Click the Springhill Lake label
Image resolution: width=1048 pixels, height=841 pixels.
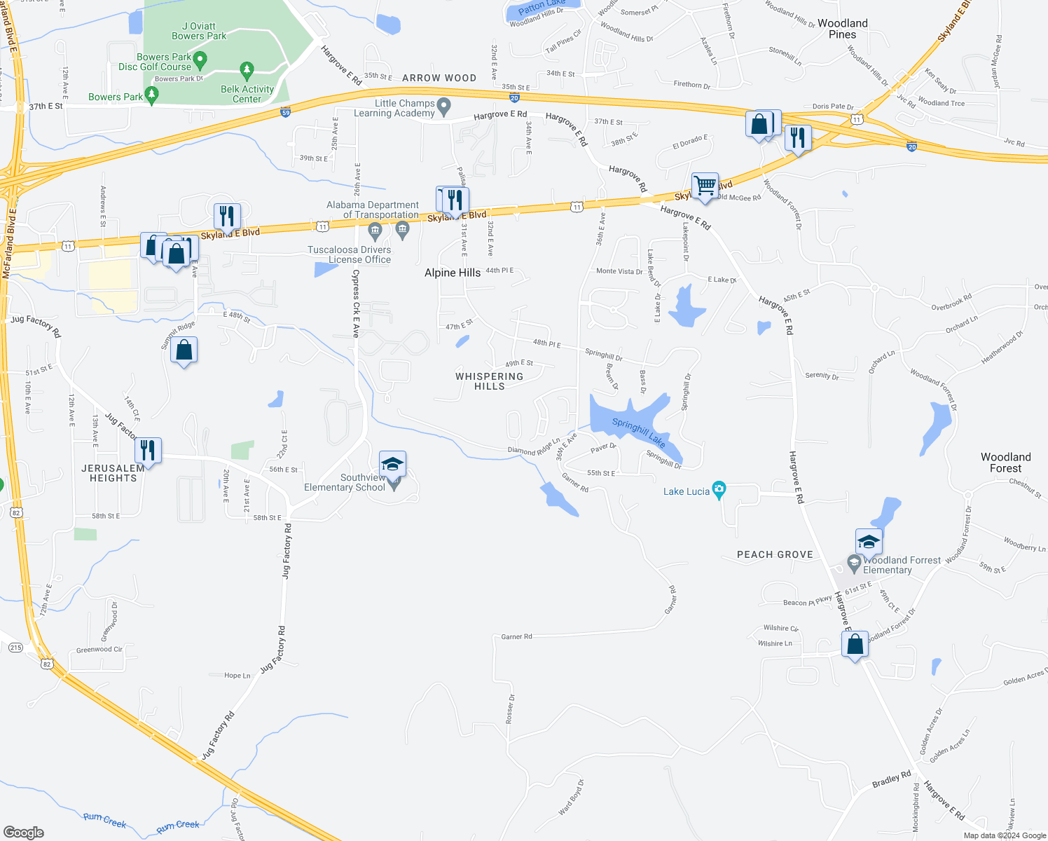(x=638, y=432)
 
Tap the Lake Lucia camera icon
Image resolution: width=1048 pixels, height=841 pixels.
(x=719, y=488)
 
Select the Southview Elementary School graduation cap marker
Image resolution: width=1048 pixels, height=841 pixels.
(x=392, y=464)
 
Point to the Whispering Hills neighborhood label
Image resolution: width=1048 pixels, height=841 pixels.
(x=489, y=381)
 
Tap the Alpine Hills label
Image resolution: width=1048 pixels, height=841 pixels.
(x=453, y=273)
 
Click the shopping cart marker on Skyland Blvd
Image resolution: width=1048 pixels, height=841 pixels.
(x=705, y=186)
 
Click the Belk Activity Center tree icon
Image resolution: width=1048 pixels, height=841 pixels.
(x=246, y=70)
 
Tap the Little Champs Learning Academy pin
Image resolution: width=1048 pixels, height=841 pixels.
(x=443, y=107)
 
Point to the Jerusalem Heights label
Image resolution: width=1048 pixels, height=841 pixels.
(x=113, y=473)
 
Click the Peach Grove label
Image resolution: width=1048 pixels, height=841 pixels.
(x=775, y=554)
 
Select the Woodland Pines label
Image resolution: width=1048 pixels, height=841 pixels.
(x=842, y=29)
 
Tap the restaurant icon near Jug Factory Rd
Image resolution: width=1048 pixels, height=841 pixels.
(x=147, y=450)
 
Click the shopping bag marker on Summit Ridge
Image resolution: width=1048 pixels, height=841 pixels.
(x=184, y=350)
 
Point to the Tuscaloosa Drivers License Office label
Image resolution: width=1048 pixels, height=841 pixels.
(x=350, y=254)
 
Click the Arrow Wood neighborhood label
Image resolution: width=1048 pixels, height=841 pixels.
(x=439, y=78)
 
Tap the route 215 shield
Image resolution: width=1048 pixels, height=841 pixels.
(x=15, y=648)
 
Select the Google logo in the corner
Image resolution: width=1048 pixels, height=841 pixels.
(x=24, y=833)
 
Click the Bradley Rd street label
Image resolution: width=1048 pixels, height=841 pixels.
(x=891, y=779)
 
